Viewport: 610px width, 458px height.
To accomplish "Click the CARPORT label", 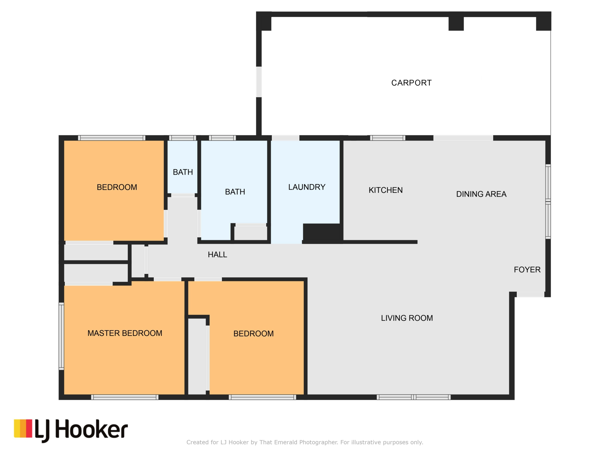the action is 411,83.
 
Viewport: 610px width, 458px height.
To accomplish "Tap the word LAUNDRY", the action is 307,187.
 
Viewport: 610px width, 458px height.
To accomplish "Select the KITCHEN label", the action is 385,190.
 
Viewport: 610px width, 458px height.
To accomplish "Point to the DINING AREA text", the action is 481,194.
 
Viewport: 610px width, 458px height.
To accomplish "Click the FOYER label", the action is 527,270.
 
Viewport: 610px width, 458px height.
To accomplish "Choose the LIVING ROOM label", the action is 407,318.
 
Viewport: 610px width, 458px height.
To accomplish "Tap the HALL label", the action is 217,254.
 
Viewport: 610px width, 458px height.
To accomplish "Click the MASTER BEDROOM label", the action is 125,333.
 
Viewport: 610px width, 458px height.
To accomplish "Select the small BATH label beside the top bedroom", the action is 183,172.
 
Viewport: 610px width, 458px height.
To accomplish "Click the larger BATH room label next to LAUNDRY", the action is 235,192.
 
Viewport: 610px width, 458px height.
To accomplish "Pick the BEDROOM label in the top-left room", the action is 117,187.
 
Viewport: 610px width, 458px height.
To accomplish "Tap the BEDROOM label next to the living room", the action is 253,334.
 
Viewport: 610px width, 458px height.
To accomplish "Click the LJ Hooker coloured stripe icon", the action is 23,428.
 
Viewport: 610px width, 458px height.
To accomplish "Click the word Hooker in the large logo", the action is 91,429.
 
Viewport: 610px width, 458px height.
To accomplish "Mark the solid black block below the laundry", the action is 323,233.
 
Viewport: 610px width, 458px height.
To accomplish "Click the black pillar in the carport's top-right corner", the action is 543,21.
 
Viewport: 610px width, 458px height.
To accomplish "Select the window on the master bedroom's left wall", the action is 61,336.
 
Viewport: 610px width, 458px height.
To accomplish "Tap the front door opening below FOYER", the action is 530,295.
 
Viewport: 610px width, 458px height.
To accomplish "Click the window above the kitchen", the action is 388,138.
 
